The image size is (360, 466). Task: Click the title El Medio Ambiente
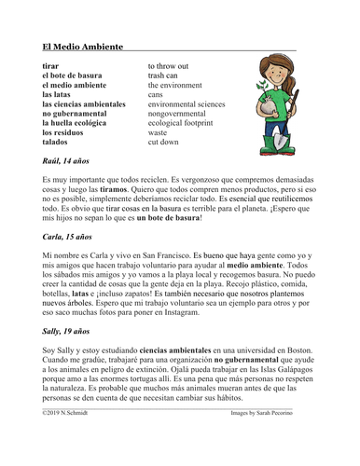click(x=82, y=48)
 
